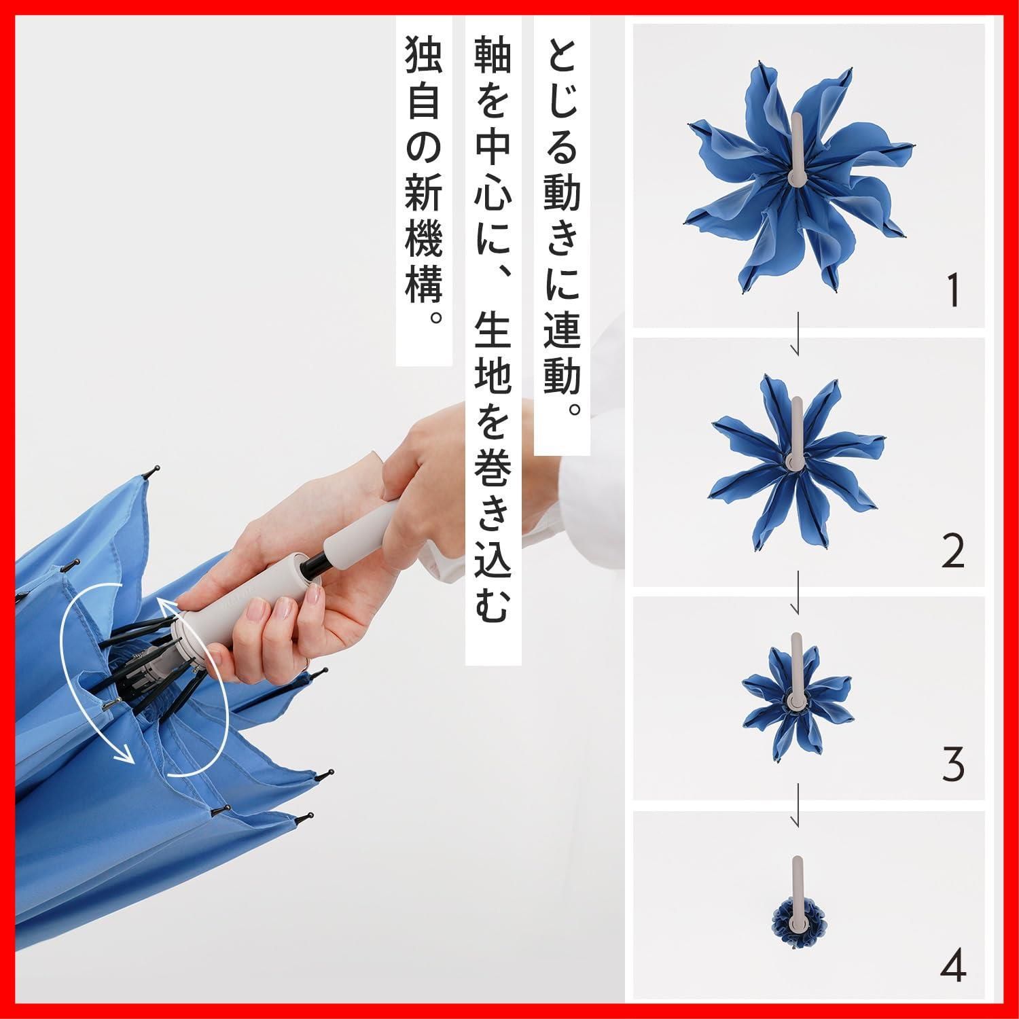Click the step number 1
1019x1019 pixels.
pyautogui.click(x=954, y=290)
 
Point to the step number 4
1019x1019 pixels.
pyautogui.click(x=954, y=963)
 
